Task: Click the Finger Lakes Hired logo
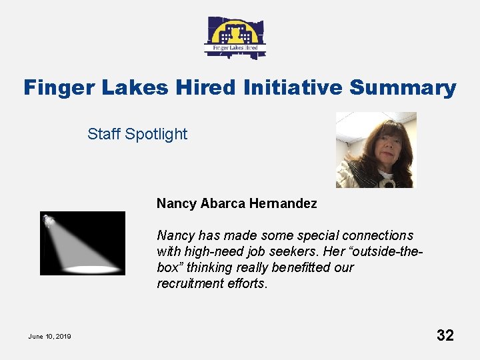pyautogui.click(x=235, y=37)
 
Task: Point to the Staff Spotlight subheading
pyautogui.click(x=137, y=134)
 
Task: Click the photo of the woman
pyautogui.click(x=376, y=150)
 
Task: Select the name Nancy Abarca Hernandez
pyautogui.click(x=237, y=203)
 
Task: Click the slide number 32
pyautogui.click(x=445, y=335)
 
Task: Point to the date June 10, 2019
pyautogui.click(x=49, y=336)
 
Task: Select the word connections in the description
pyautogui.click(x=377, y=235)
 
